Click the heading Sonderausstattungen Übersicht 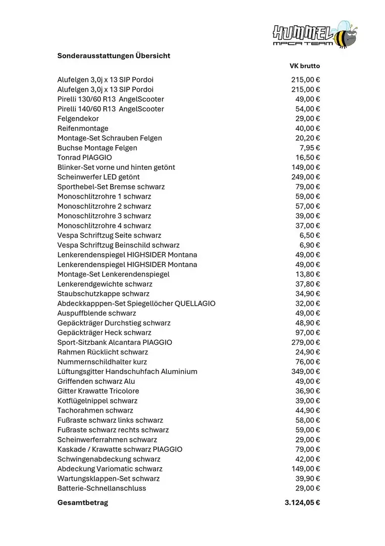point(114,56)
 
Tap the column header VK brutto point(305,66)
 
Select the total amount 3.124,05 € point(302,503)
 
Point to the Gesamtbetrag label point(82,503)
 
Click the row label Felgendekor point(78,118)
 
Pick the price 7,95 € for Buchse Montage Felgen point(310,148)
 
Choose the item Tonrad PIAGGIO point(84,157)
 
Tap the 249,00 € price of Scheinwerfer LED point(306,177)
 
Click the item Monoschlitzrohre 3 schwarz point(104,216)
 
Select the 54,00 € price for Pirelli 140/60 point(308,109)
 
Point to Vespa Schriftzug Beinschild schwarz point(118,245)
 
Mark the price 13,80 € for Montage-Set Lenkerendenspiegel point(308,274)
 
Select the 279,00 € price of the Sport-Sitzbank point(306,342)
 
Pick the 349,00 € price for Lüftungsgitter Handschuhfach point(306,372)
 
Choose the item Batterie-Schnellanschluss point(102,488)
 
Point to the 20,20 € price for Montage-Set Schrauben point(308,138)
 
